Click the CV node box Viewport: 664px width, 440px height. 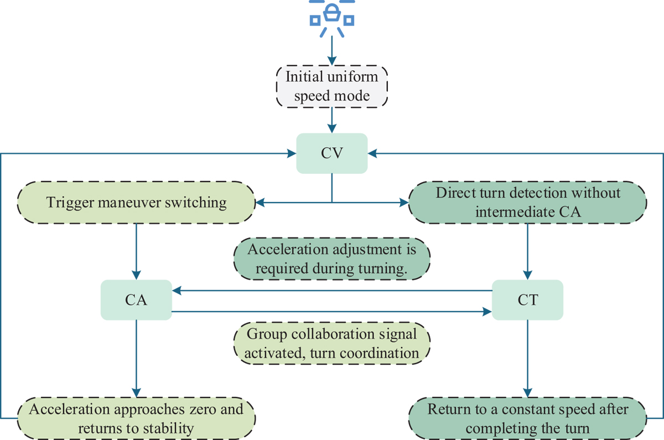coord(331,153)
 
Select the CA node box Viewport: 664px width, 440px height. coord(136,300)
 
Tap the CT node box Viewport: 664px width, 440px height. coord(527,300)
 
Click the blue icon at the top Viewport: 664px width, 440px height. coord(331,18)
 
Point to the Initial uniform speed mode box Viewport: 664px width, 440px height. coord(331,86)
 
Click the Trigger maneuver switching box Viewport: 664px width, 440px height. coord(136,203)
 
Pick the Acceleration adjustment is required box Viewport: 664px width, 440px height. coord(331,258)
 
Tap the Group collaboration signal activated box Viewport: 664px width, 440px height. coord(331,343)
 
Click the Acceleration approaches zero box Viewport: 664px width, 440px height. coord(136,418)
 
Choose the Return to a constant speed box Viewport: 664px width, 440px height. coord(527,418)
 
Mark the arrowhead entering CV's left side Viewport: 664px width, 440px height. coord(292,153)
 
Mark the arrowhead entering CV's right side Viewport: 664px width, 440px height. coord(372,153)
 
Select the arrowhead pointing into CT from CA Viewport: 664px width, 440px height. coord(487,312)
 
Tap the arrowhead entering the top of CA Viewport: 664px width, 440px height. coord(136,275)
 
